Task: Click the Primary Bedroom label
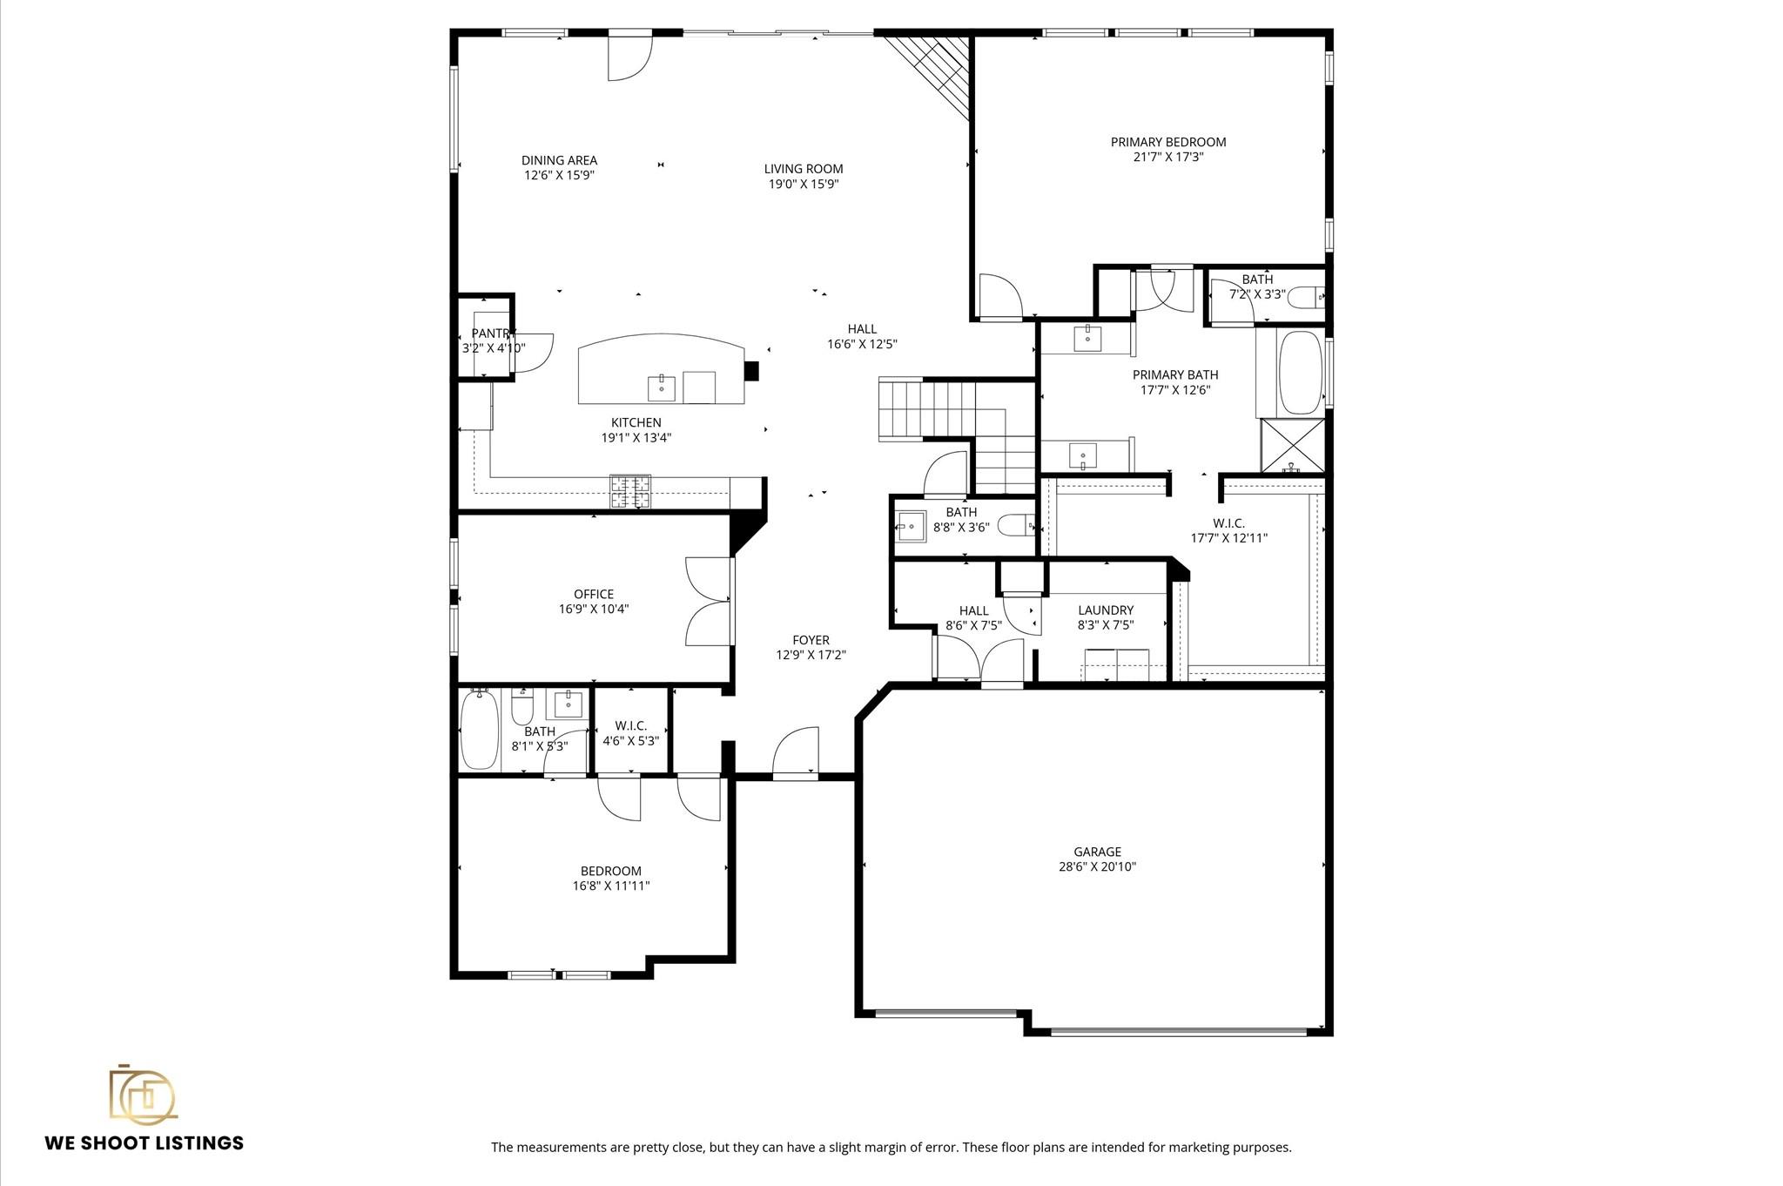coord(1167,142)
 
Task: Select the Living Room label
coord(803,169)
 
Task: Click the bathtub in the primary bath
coord(1300,373)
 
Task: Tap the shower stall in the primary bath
coord(1292,446)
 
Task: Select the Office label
coord(593,595)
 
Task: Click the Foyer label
coord(811,640)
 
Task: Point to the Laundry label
coord(1105,610)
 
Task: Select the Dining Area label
coord(559,160)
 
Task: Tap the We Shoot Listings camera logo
coord(142,1094)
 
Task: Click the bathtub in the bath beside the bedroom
coord(478,728)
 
